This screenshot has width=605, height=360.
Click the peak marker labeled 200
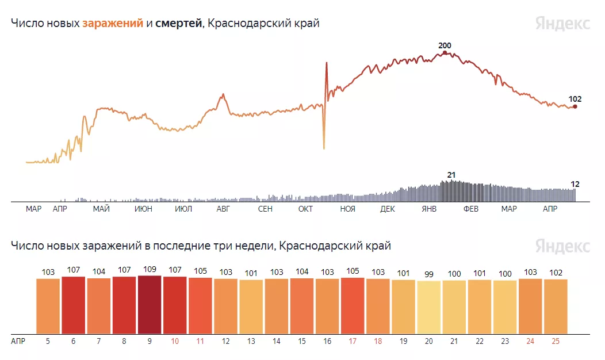click(x=445, y=53)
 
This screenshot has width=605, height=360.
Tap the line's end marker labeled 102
click(x=575, y=106)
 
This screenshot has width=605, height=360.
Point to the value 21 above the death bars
click(x=451, y=175)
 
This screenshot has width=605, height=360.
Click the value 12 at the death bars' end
click(x=575, y=184)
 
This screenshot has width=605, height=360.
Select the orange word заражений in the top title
click(x=113, y=24)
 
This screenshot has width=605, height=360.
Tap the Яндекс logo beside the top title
click(x=562, y=24)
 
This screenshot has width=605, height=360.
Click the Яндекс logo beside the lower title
click(x=562, y=246)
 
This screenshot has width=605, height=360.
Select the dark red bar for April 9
click(x=150, y=304)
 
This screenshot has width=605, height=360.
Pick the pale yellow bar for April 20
click(x=428, y=307)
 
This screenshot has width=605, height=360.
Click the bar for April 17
click(x=353, y=305)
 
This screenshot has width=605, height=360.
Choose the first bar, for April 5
click(x=48, y=306)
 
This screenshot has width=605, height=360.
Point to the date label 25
click(x=555, y=341)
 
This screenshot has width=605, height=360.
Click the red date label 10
click(x=175, y=341)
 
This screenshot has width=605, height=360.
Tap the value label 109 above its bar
click(x=150, y=269)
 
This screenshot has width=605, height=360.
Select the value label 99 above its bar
click(x=428, y=274)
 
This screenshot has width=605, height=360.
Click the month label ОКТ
click(x=305, y=209)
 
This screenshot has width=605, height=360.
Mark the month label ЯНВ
click(x=429, y=209)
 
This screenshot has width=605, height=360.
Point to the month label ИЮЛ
click(x=183, y=209)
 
